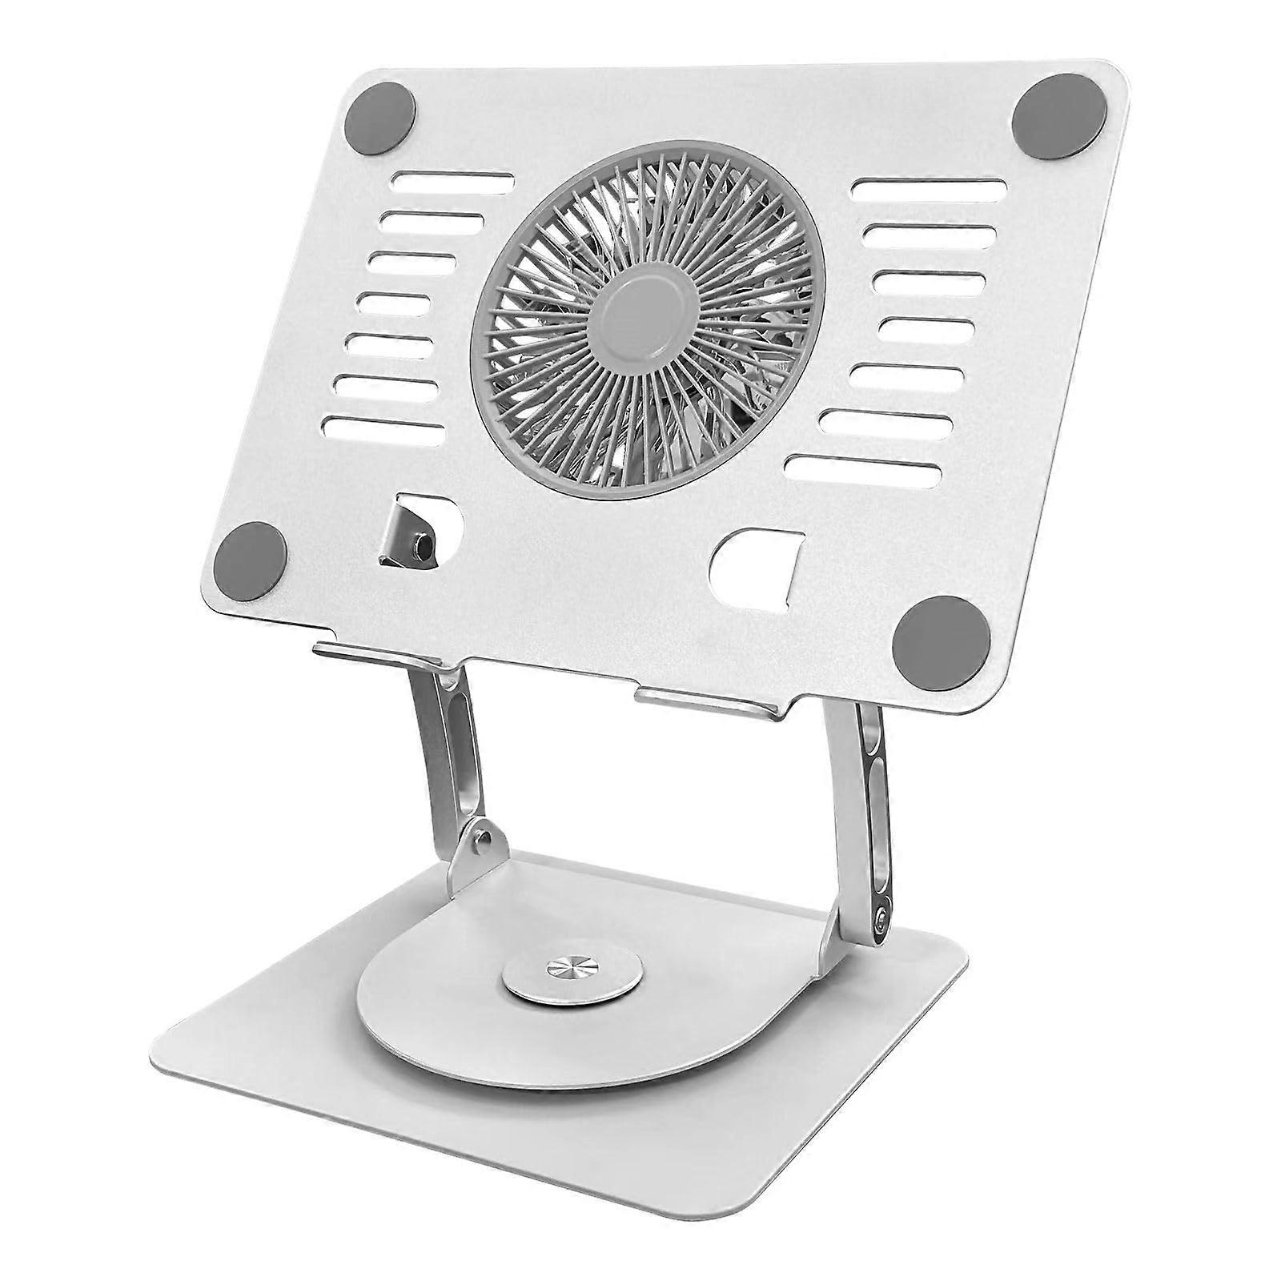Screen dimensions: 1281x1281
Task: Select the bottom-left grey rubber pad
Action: (251, 557)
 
